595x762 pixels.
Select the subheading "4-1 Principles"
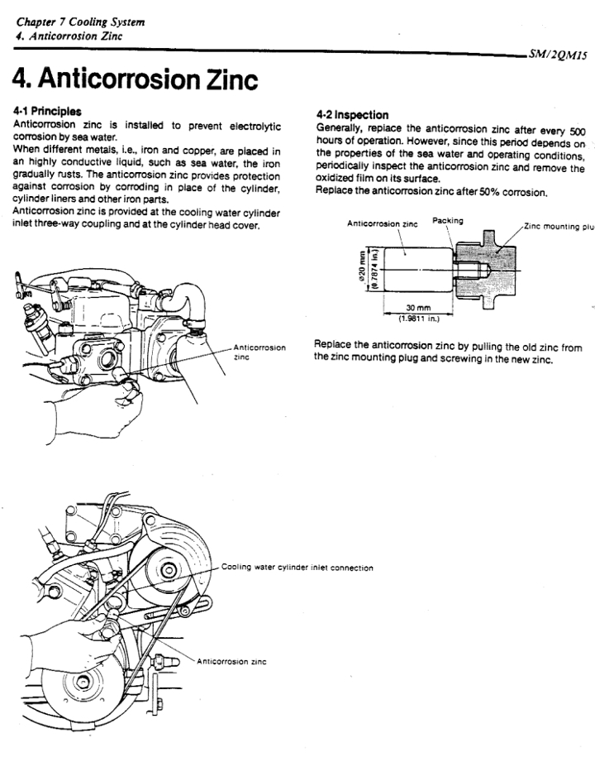(x=49, y=110)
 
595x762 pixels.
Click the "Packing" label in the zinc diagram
(x=447, y=221)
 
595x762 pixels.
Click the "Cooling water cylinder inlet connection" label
(x=297, y=568)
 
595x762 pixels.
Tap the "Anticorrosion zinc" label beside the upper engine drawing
(x=259, y=352)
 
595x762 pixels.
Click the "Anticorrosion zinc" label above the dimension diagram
(x=383, y=223)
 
